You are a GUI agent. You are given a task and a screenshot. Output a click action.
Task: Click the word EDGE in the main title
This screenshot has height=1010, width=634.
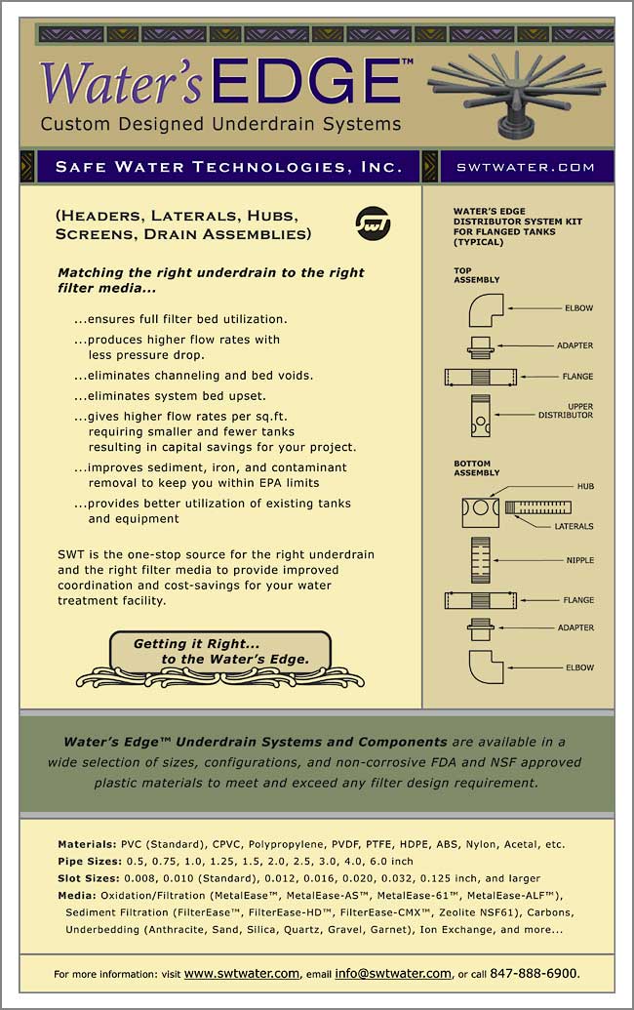[307, 81]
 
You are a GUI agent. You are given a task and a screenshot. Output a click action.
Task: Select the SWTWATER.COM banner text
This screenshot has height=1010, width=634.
[526, 167]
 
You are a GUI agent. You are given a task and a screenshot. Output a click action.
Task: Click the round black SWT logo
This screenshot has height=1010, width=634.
[373, 222]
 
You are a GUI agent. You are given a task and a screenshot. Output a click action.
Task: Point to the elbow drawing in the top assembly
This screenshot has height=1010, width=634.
[485, 311]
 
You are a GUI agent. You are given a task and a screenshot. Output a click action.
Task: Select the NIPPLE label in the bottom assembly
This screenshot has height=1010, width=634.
[577, 560]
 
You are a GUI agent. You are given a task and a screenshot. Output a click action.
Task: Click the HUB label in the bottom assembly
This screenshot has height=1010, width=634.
[584, 486]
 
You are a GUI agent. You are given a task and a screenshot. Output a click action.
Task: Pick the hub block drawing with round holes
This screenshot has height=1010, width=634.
[480, 510]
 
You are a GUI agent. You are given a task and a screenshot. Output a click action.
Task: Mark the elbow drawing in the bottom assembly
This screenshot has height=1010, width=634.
[485, 667]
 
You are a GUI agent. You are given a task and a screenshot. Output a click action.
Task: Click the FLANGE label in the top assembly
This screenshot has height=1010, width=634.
[576, 376]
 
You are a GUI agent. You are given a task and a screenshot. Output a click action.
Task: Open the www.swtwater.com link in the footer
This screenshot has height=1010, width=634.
[241, 973]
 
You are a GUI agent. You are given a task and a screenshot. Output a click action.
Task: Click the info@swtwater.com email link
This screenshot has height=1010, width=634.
[392, 973]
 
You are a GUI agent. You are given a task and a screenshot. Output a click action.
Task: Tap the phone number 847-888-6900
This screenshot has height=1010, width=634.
[535, 973]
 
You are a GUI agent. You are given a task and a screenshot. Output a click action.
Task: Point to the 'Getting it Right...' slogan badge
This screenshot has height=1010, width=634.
[220, 652]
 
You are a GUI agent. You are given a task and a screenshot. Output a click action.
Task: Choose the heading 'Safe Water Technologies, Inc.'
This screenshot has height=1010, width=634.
[228, 167]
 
